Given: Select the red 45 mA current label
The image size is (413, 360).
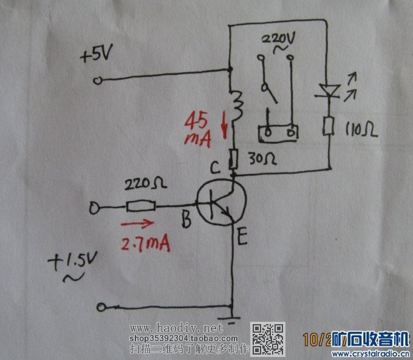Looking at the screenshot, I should pyautogui.click(x=199, y=129).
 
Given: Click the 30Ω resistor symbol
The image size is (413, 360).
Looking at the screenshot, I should pyautogui.click(x=233, y=160).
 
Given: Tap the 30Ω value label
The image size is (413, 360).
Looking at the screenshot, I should pyautogui.click(x=264, y=159).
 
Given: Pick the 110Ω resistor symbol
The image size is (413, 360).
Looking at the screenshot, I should pyautogui.click(x=329, y=126).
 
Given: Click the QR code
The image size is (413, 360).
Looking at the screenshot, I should pyautogui.click(x=268, y=338).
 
